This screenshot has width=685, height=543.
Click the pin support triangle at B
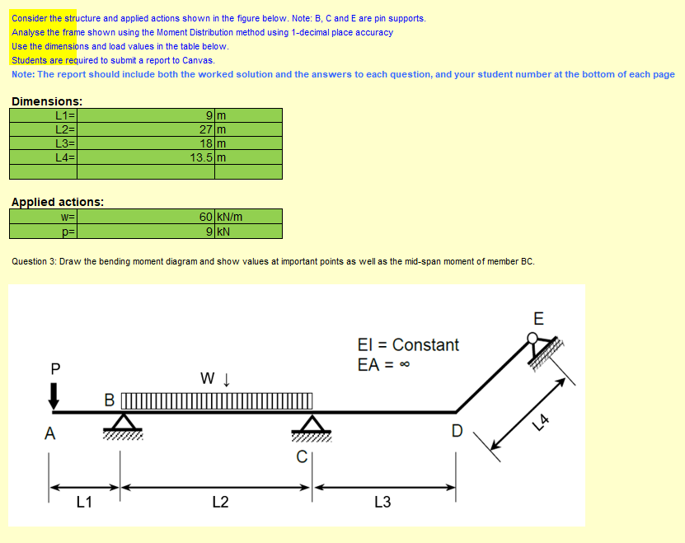point(122,423)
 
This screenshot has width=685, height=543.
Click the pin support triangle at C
point(312,424)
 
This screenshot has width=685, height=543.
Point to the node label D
point(457,430)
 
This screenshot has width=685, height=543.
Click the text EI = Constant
point(408,344)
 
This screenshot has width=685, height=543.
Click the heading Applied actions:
point(57,201)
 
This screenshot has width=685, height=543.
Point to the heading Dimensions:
point(46,101)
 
